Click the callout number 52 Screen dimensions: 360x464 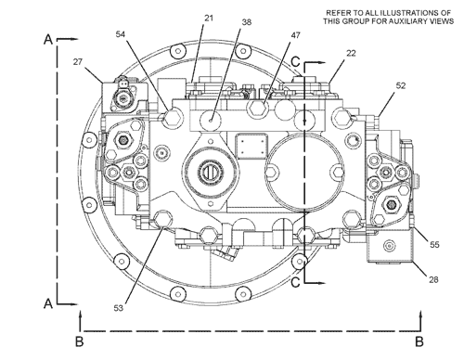pyautogui.click(x=400, y=85)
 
